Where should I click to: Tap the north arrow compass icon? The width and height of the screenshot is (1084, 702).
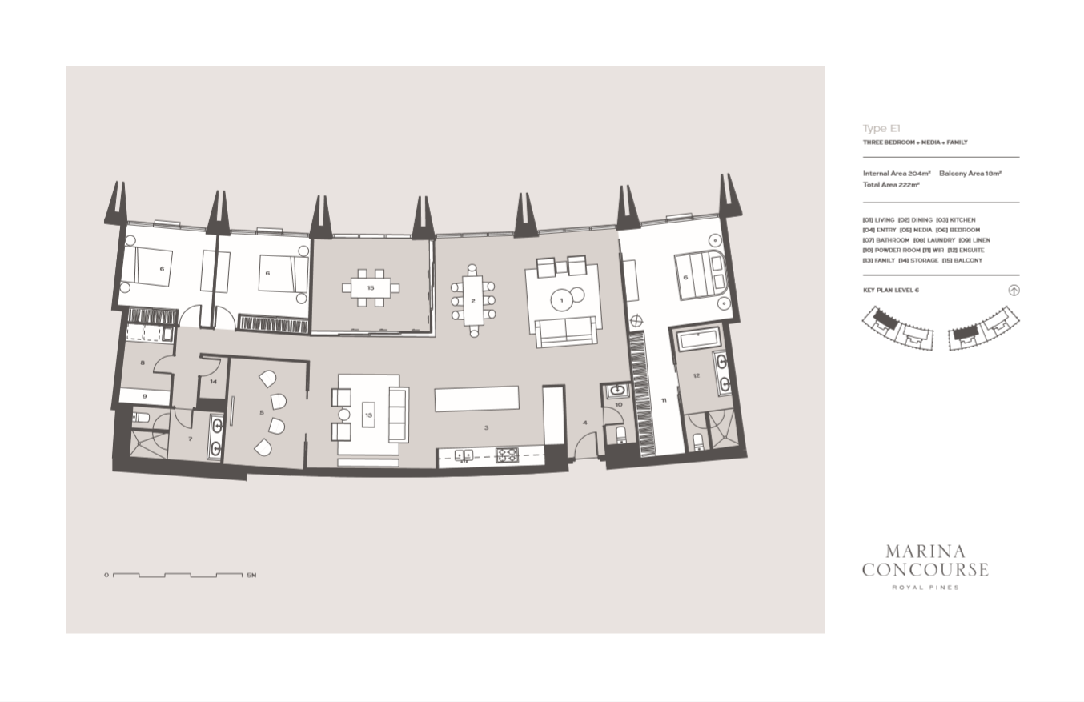(1014, 291)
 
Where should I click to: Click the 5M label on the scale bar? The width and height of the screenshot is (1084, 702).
(251, 576)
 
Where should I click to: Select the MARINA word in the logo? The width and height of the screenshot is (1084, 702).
(925, 552)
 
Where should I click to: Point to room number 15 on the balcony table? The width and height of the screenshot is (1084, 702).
(371, 288)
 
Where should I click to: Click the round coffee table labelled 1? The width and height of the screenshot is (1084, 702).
(561, 300)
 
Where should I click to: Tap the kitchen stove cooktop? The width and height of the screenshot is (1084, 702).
(507, 455)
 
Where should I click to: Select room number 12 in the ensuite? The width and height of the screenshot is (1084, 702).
(696, 376)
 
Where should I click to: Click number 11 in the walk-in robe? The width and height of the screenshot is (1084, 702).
(664, 400)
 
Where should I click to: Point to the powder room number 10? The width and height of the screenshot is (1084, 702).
(619, 405)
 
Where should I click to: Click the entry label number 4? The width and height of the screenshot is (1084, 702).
(585, 423)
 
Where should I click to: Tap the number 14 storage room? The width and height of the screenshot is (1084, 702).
(214, 382)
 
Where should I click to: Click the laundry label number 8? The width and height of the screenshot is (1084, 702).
(143, 363)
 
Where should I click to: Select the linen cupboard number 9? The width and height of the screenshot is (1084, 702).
(145, 396)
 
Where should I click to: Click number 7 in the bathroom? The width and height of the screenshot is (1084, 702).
(191, 439)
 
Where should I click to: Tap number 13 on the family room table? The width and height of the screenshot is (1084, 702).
(369, 415)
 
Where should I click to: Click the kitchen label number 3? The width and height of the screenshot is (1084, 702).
(486, 427)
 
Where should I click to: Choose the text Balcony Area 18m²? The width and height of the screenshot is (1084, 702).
(970, 173)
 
